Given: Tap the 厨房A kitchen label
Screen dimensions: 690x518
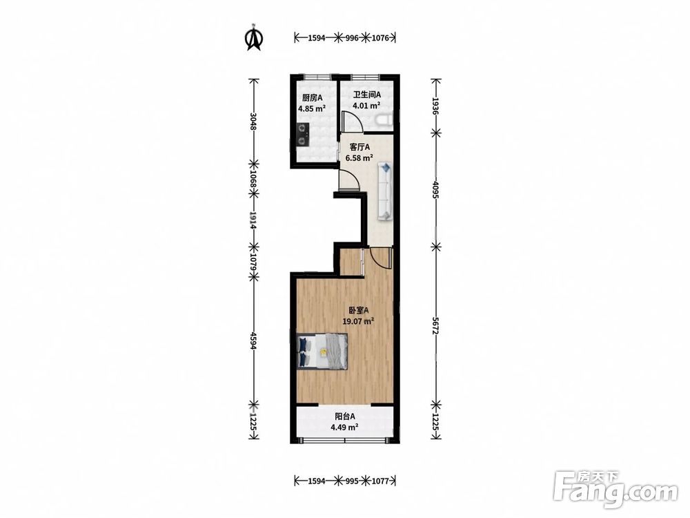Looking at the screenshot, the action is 312,98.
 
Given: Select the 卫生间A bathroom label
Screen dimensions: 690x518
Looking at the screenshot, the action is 367,95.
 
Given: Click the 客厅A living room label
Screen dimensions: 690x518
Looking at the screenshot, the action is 359,146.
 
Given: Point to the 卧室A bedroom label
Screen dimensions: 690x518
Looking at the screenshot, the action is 358,310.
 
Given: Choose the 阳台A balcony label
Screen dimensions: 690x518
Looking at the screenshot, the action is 345,416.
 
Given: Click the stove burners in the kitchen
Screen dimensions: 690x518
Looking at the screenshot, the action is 302,135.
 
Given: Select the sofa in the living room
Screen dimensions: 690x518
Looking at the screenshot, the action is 385,191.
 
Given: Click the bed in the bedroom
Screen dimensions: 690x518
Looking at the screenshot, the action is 322,351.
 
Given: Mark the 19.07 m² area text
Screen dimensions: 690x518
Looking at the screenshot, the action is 358,321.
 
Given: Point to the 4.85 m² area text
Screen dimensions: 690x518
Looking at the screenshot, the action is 312,109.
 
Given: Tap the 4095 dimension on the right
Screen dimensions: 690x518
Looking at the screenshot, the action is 435,189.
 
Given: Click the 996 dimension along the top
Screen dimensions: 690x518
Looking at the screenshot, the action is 352,38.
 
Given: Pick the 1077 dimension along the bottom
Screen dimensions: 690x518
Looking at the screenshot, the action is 380,481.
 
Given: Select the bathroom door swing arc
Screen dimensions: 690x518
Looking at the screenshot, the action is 355,119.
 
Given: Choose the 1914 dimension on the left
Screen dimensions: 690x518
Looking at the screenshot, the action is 253,220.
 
